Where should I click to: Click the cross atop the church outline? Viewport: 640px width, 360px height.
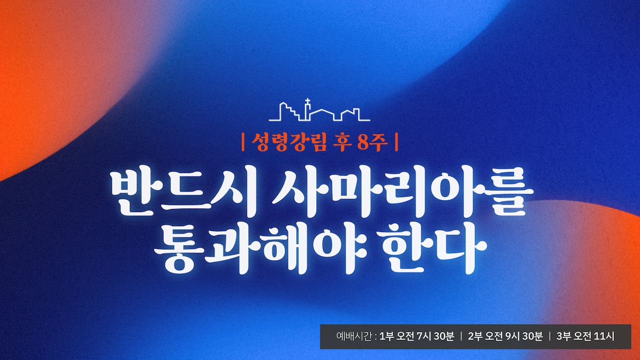(x=307, y=101)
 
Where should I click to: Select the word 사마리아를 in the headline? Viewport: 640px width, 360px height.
(x=402, y=191)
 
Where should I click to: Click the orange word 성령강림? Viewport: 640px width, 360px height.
(x=289, y=142)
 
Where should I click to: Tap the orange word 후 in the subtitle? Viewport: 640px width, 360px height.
(x=342, y=142)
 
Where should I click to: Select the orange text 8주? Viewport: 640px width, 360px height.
(x=372, y=142)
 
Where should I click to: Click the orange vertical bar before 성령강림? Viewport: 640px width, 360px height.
(x=243, y=142)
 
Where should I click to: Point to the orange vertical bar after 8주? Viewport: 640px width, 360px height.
(x=396, y=142)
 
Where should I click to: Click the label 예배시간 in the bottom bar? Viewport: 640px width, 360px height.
(x=354, y=336)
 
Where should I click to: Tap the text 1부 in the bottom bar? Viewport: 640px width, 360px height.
(x=386, y=336)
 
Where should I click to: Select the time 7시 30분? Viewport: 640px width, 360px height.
(x=435, y=336)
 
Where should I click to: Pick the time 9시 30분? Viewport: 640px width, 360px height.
(x=524, y=336)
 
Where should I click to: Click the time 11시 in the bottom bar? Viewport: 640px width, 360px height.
(x=604, y=336)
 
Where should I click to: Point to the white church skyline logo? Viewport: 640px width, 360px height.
(x=319, y=110)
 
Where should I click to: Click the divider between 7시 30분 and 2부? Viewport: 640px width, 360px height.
(x=461, y=336)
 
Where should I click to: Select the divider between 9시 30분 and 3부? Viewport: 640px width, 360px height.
(x=549, y=336)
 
